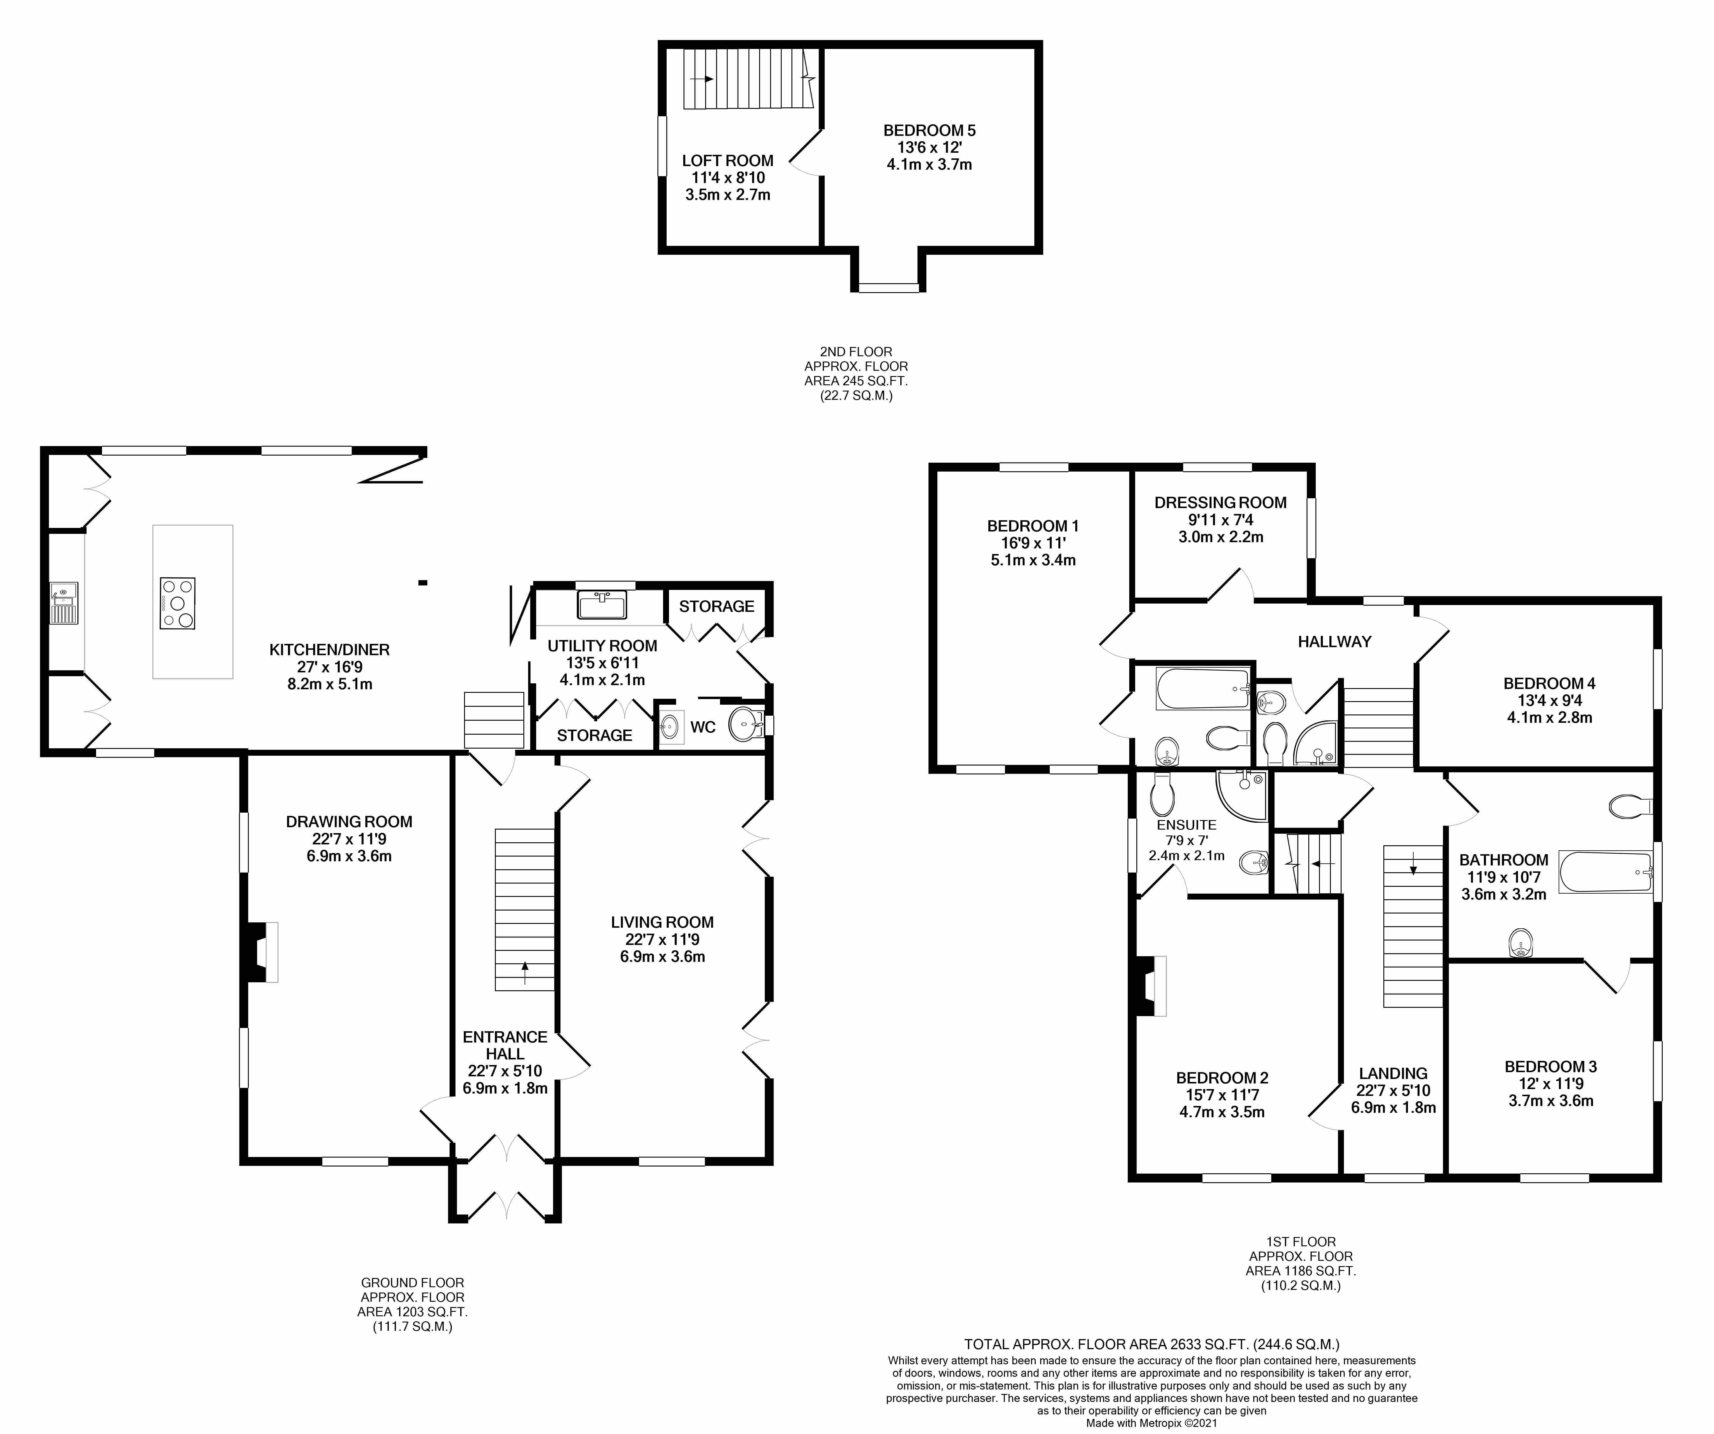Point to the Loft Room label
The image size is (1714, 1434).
727,161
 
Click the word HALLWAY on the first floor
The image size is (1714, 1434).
1334,642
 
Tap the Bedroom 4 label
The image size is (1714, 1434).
1548,683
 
